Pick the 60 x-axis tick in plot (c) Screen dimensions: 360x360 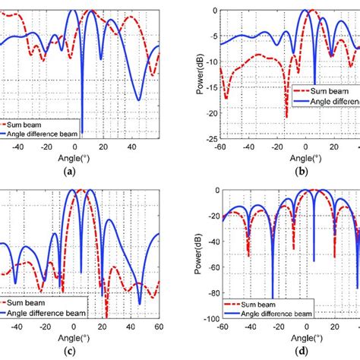click(x=159, y=327)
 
